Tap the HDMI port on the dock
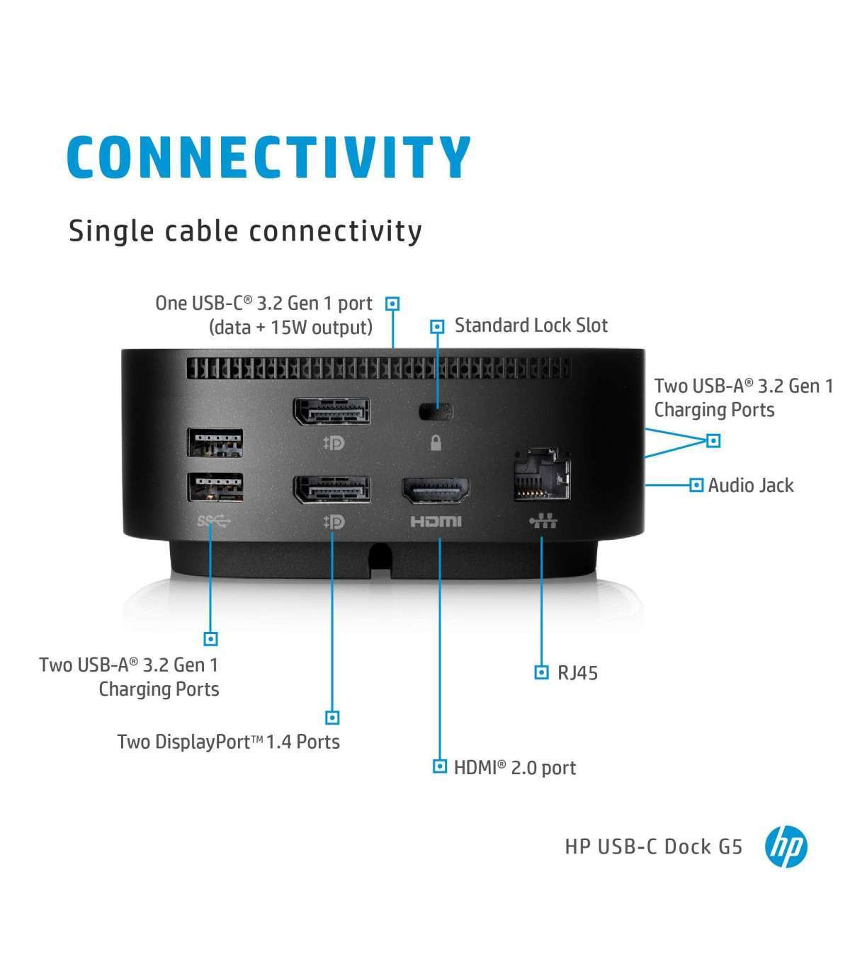pyautogui.click(x=436, y=490)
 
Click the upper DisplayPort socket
pyautogui.click(x=332, y=412)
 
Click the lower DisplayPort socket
pyautogui.click(x=332, y=490)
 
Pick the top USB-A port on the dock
pyautogui.click(x=216, y=443)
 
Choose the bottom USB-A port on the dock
pyautogui.click(x=216, y=488)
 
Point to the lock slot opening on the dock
pyautogui.click(x=436, y=410)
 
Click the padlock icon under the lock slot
pyautogui.click(x=436, y=443)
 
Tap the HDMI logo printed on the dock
pyautogui.click(x=436, y=522)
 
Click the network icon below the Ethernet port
pyautogui.click(x=543, y=522)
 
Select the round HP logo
pyautogui.click(x=786, y=846)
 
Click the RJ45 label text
pyautogui.click(x=577, y=672)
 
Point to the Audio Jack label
pyautogui.click(x=751, y=485)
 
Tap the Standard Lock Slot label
pyautogui.click(x=531, y=326)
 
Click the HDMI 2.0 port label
pyautogui.click(x=515, y=767)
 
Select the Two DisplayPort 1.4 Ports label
pyautogui.click(x=228, y=742)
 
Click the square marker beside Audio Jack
pyautogui.click(x=696, y=485)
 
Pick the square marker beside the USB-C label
pyautogui.click(x=392, y=304)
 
